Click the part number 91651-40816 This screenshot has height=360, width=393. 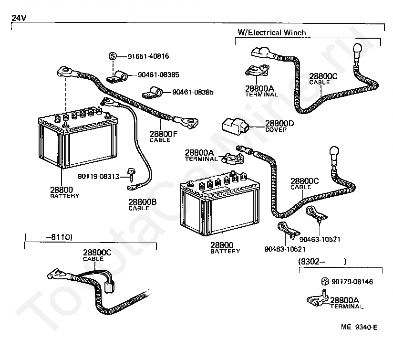click(148, 56)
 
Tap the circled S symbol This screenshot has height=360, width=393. click(113, 56)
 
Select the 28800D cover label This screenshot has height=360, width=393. click(279, 126)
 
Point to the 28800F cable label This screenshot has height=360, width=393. click(164, 137)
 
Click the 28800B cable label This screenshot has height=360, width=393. click(142, 205)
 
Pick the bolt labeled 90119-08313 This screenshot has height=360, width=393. click(131, 175)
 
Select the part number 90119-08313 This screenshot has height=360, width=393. click(99, 176)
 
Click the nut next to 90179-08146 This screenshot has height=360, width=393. click(325, 282)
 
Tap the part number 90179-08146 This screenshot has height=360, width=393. click(352, 282)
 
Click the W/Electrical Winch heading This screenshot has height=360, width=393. click(272, 32)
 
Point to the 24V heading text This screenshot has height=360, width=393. click(19, 18)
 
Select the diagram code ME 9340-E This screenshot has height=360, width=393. click(359, 327)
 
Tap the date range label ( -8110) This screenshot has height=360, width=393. click(49, 237)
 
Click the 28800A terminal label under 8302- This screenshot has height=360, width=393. click(346, 303)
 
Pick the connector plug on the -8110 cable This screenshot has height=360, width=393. click(110, 286)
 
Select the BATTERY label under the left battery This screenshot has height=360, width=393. click(65, 196)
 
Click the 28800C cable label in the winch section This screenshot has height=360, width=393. click(323, 79)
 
